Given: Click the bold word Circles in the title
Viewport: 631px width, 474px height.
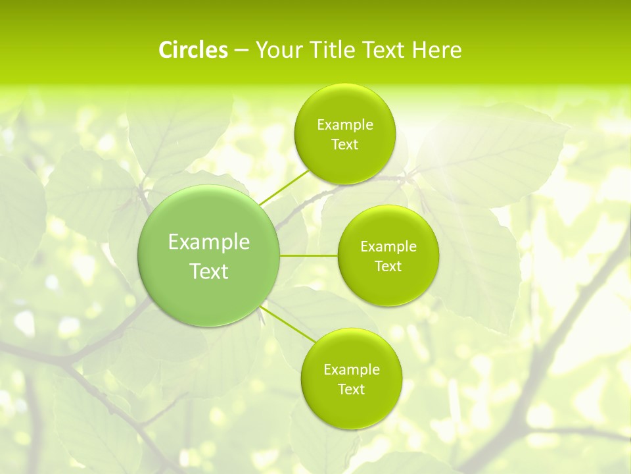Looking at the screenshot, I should (x=193, y=50).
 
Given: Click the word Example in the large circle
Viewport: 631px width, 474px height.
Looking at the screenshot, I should (x=209, y=242).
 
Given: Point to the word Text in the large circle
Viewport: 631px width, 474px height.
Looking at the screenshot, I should (x=209, y=271).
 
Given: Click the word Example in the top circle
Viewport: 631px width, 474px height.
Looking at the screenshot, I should (x=345, y=125).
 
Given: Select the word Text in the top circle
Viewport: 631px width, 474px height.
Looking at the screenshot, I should (x=345, y=145).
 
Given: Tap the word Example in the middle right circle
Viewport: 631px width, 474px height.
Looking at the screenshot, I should (x=388, y=247).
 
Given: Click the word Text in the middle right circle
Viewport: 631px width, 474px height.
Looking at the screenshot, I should (x=388, y=267).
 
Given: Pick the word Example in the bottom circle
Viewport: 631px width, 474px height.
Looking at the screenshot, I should (x=352, y=370).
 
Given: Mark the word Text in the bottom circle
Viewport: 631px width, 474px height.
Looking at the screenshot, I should (x=352, y=390).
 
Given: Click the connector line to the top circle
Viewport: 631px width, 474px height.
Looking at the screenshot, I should (x=284, y=188).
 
